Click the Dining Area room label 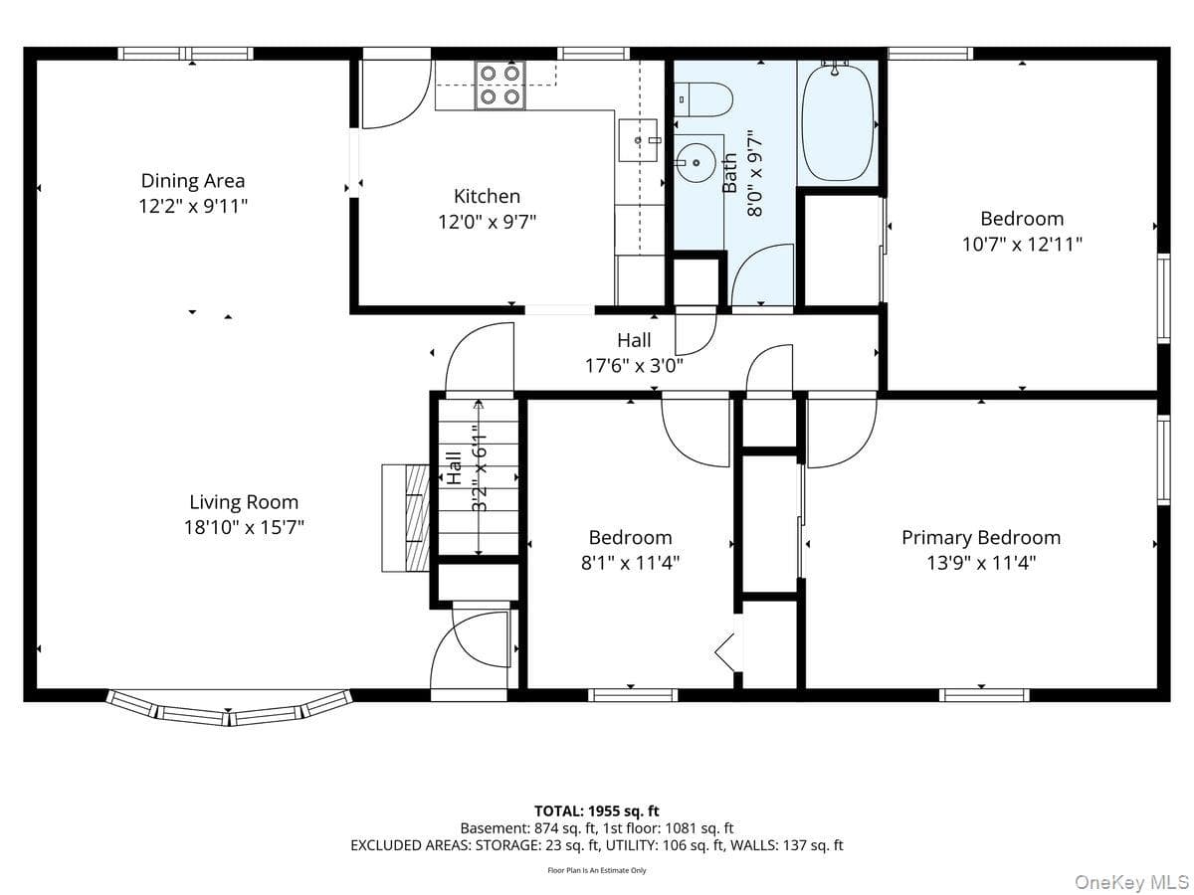click(193, 180)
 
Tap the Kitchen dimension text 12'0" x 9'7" click(487, 222)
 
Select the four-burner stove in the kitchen click(499, 86)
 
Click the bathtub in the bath click(838, 122)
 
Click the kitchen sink click(638, 140)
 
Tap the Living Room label click(244, 501)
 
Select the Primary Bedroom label click(981, 537)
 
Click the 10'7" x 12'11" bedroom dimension click(1022, 244)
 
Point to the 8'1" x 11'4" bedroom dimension click(630, 563)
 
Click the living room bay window click(229, 707)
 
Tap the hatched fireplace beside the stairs click(417, 518)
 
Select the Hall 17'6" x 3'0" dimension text click(634, 365)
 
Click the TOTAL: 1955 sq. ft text click(596, 811)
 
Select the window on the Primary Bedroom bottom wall click(984, 695)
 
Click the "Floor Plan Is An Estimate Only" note click(597, 870)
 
